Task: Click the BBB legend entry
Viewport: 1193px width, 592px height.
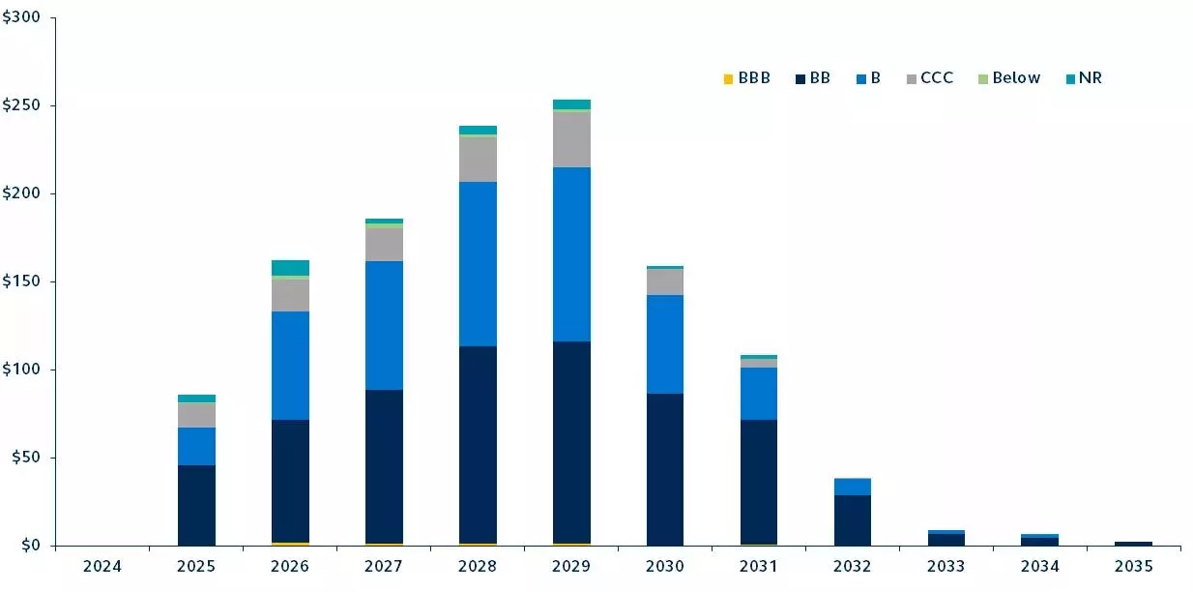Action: [746, 78]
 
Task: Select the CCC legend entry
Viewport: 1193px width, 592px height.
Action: [929, 78]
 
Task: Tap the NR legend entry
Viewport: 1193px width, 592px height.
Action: [1083, 78]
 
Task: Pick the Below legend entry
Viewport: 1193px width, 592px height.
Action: [1008, 78]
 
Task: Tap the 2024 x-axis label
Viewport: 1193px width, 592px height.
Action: [102, 565]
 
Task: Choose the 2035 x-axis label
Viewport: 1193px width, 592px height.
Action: [1133, 565]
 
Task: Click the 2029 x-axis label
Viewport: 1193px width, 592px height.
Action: [571, 565]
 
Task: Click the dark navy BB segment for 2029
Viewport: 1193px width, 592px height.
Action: [571, 442]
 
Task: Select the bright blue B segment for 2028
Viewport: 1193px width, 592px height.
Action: [478, 263]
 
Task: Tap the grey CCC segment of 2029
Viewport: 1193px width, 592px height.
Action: [571, 139]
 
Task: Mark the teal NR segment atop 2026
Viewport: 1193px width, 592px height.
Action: [290, 268]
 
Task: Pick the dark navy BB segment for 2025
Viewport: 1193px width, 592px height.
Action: [196, 505]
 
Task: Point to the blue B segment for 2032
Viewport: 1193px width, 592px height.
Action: [853, 487]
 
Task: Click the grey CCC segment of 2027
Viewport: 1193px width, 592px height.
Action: [384, 245]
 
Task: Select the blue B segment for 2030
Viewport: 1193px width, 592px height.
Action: [665, 344]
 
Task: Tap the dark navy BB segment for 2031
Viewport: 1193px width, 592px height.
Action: [759, 482]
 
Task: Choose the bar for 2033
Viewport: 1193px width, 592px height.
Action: [946, 538]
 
